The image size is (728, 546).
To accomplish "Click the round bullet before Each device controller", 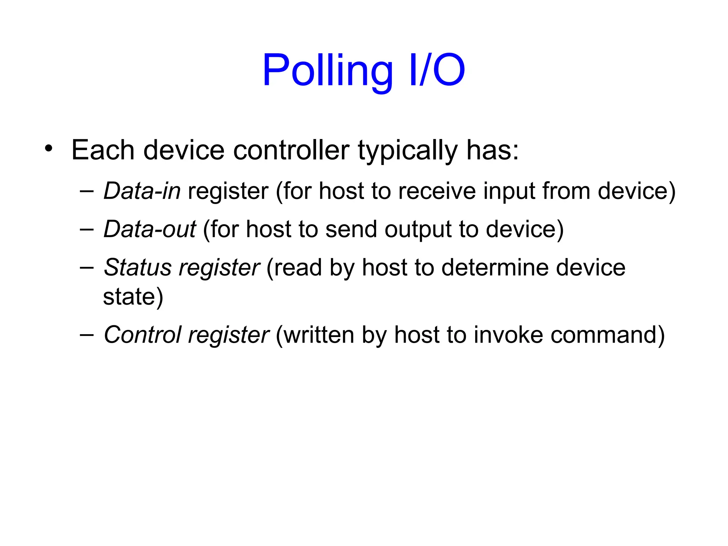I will pyautogui.click(x=49, y=148).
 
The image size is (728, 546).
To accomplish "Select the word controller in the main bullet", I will pyautogui.click(x=291, y=150).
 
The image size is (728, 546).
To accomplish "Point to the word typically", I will pyautogui.click(x=407, y=151).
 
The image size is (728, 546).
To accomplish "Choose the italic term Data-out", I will pyautogui.click(x=150, y=229).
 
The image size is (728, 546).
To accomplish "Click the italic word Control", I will pyautogui.click(x=143, y=335).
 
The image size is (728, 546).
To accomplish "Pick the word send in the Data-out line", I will pyautogui.click(x=351, y=229).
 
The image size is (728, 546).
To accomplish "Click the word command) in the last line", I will pyautogui.click(x=607, y=335).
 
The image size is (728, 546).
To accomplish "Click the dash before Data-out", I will pyautogui.click(x=86, y=230).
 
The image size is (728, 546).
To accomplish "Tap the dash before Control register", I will pyautogui.click(x=86, y=335).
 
